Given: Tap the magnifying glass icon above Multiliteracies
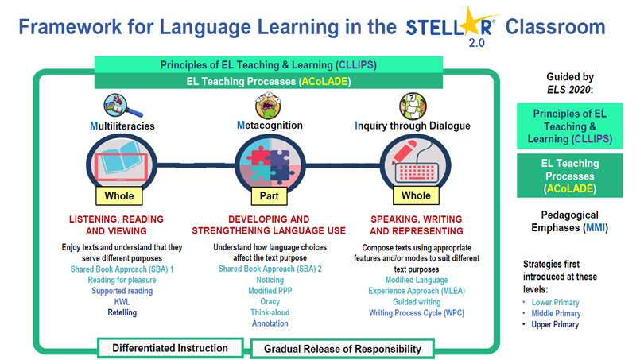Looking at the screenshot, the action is pos(122,106).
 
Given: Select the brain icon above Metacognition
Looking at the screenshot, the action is pos(268,105).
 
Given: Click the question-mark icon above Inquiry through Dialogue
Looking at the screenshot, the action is pos(413,106).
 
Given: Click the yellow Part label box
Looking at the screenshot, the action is pos(269,195).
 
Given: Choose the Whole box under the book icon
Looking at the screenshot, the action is pos(119,195).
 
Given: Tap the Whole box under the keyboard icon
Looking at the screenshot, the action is pos(416,195).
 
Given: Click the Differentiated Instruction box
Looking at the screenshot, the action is pos(170,348).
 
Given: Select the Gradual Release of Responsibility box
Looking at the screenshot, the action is pos(342,349).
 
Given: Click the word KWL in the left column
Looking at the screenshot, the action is pos(122,302).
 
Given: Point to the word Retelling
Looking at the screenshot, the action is pos(122,313).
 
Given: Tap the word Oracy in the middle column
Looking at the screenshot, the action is pos(270,302).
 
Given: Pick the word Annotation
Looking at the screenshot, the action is pos(270,323).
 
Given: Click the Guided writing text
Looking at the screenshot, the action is pos(417,302).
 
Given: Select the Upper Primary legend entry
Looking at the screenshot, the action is pos(555,324).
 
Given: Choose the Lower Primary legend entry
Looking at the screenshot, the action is pos(555,303).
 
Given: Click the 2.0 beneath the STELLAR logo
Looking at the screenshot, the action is pos(476,43).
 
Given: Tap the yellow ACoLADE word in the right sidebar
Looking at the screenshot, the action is pos(570,188).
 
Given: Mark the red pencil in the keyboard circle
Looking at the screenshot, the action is pos(404,152).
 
